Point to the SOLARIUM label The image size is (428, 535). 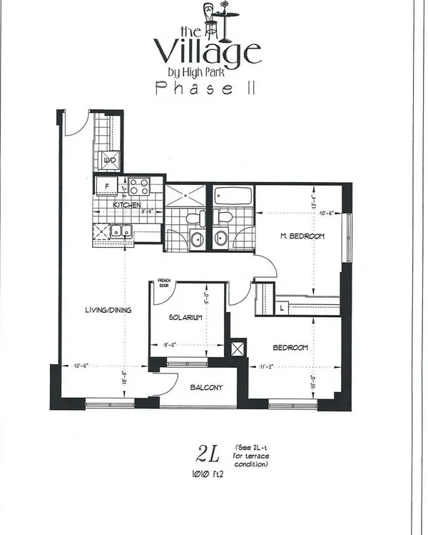(x=187, y=316)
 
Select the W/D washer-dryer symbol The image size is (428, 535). (x=111, y=161)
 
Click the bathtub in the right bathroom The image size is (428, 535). (x=229, y=194)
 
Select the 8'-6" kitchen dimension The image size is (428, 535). (x=147, y=211)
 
